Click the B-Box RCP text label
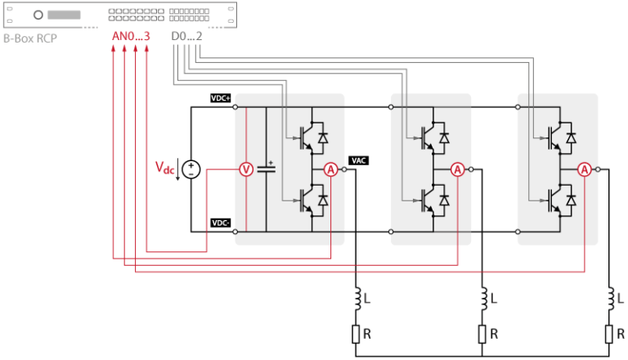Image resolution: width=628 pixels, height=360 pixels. (x=34, y=38)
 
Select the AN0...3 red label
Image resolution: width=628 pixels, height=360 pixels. (x=130, y=38)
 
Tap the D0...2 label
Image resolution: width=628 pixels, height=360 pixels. (x=186, y=38)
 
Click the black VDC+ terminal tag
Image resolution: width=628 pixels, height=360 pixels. (x=221, y=98)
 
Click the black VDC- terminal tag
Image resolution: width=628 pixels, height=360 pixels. (x=221, y=223)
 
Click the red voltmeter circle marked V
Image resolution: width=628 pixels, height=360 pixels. (x=245, y=169)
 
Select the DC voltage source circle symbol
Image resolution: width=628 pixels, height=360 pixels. (x=191, y=169)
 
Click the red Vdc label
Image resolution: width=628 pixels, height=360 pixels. (x=165, y=169)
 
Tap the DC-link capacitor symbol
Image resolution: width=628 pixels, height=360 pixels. (x=266, y=169)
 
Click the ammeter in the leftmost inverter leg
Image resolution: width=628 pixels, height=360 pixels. (x=331, y=169)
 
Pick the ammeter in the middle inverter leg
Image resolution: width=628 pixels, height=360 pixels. (x=458, y=169)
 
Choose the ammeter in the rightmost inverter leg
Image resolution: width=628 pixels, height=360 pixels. (x=585, y=169)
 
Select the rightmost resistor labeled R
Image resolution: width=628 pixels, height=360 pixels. (x=610, y=333)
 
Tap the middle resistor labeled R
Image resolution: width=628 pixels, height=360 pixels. (x=483, y=333)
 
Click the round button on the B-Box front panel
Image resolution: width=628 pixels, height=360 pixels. (x=38, y=14)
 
